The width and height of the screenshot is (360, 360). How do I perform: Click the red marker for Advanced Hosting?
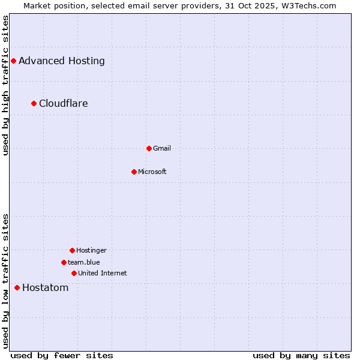13,61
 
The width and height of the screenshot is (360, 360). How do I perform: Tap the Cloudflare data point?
34,103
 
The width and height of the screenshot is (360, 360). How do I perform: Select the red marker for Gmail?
149,148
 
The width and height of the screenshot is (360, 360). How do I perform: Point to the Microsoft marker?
134,172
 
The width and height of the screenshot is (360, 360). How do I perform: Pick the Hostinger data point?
72,250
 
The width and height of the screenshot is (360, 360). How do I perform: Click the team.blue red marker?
64,262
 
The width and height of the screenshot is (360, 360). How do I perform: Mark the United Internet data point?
74,273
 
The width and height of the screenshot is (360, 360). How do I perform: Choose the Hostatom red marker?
17,287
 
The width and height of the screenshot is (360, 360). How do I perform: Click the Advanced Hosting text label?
62,61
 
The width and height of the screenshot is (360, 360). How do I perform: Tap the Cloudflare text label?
64,103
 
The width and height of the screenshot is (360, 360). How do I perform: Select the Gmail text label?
162,148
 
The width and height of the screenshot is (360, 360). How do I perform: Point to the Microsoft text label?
152,172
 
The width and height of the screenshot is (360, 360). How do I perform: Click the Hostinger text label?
91,250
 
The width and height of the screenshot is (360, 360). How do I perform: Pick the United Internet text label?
103,273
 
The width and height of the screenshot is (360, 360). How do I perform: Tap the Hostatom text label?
46,287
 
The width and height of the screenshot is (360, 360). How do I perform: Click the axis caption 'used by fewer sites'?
62,355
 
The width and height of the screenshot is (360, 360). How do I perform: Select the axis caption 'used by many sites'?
301,355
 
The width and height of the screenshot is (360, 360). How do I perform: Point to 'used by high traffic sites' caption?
5,85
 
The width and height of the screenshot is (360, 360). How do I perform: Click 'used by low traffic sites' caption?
5,281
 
